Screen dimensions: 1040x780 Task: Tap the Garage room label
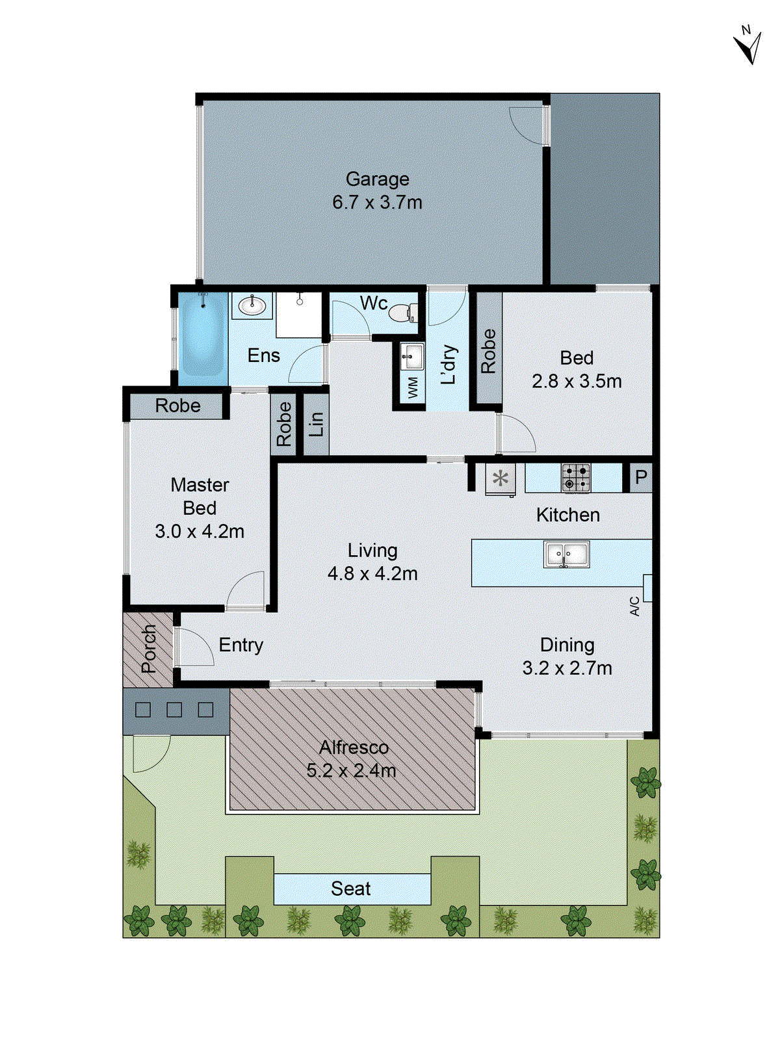377,179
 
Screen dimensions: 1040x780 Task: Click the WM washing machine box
412,389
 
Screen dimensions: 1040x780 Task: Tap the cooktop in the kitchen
576,478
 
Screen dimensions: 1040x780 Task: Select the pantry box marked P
640,478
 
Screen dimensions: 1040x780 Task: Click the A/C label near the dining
635,606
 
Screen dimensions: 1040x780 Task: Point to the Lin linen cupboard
316,424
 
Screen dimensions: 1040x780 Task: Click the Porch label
149,648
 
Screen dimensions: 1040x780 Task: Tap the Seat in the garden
351,889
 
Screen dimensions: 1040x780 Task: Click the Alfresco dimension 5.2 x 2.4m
351,771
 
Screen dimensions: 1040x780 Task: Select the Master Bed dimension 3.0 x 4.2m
200,532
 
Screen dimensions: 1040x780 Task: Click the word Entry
240,645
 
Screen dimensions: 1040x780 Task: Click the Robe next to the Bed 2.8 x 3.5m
488,351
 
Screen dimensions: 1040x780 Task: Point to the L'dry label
448,364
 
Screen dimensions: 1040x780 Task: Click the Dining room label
567,645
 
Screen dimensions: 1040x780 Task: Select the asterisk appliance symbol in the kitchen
500,479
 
